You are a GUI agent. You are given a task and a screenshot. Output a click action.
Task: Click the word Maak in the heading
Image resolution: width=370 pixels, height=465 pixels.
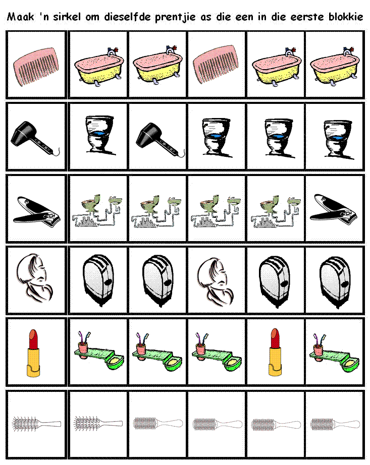coord(21,17)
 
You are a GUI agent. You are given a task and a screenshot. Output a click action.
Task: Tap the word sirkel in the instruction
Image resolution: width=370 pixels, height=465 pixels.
coord(67,17)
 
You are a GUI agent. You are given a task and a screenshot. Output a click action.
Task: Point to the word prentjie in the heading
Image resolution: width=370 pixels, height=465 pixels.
coord(175,17)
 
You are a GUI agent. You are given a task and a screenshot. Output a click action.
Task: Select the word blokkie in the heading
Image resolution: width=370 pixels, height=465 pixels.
coord(346,17)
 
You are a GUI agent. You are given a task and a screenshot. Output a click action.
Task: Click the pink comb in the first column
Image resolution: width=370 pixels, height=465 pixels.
coord(36,67)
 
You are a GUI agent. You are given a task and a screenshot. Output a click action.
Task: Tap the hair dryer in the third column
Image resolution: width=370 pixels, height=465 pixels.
coord(160,139)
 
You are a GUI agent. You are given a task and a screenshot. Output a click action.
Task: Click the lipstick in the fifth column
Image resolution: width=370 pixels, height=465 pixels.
coord(275,353)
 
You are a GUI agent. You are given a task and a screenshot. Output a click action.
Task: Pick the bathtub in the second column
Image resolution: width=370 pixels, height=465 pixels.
coord(99,67)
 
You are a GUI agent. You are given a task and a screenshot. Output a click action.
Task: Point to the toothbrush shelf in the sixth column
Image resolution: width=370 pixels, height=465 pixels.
coord(334,353)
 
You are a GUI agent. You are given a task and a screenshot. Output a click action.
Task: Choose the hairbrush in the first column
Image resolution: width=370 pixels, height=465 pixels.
coord(36,424)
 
